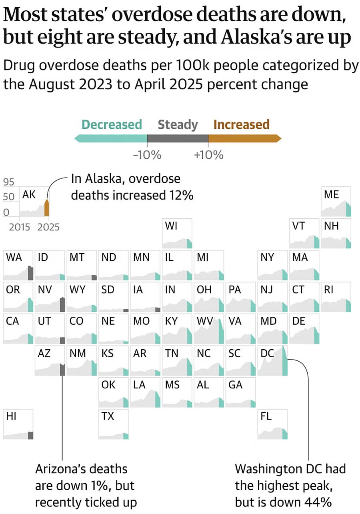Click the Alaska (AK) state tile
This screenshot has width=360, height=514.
(34, 201)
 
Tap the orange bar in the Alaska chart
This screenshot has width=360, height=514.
(46, 208)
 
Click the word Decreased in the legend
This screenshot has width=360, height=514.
(112, 124)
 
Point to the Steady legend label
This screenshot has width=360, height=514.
(178, 124)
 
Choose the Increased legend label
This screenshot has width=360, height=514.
(241, 124)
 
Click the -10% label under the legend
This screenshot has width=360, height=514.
(147, 155)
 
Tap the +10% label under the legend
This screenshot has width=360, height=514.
(208, 155)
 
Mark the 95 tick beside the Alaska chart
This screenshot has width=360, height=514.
(8, 182)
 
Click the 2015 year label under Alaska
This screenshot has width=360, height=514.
(20, 227)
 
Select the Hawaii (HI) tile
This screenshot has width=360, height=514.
(18, 424)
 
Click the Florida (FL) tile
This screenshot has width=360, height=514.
(272, 424)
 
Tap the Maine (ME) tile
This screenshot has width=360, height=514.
(336, 201)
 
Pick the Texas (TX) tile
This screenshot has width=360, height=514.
(114, 424)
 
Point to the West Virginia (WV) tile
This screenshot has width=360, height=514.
(209, 329)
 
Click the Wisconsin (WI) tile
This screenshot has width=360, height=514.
(177, 233)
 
